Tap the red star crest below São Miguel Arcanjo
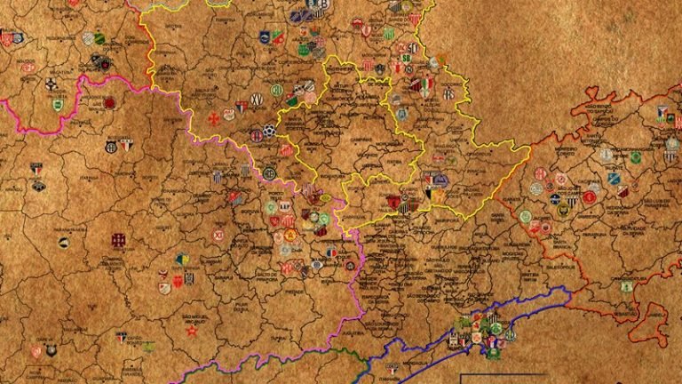tap(190, 331)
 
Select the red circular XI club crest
tap(218, 236)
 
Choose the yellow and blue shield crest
tap(182, 260)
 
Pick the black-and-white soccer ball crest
tap(269, 130)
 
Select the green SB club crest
tap(407, 59)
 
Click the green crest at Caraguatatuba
tap(626, 286)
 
